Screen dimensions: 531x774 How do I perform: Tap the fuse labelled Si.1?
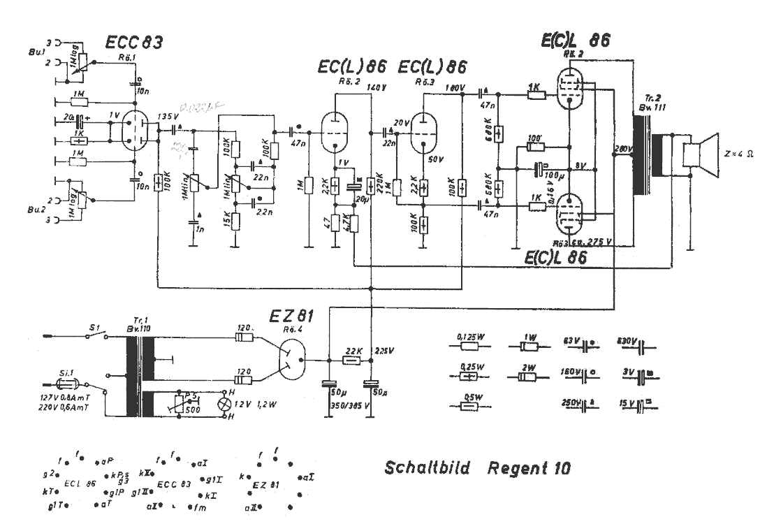pos(70,384)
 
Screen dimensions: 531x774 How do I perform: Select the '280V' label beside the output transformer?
pos(620,149)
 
